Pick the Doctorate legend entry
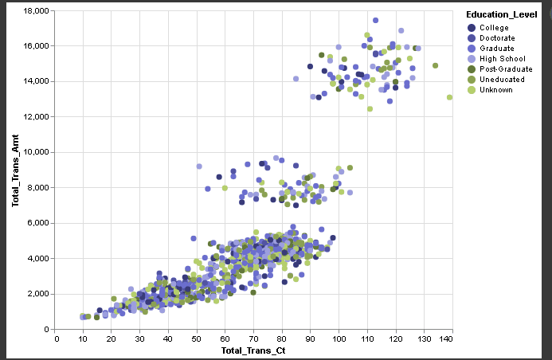(497, 38)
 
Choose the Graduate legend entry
(496, 49)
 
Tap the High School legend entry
(501, 59)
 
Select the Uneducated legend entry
(500, 80)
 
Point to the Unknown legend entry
(495, 90)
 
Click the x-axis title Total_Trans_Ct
(254, 350)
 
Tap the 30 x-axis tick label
(141, 339)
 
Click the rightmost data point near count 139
(449, 97)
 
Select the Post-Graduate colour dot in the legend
(472, 69)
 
